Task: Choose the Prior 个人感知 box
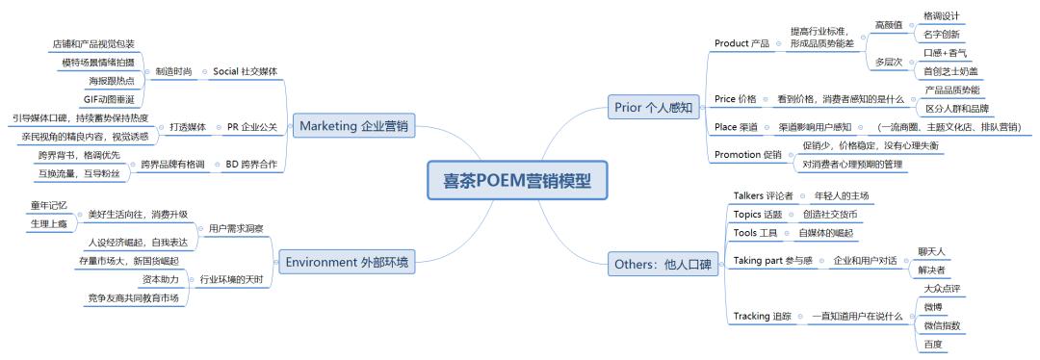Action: (653, 107)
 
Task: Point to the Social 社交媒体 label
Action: (245, 72)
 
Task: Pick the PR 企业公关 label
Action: (252, 126)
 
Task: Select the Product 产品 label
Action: (741, 43)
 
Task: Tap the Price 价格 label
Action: (736, 99)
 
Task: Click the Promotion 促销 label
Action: (748, 154)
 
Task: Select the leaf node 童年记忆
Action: (48, 205)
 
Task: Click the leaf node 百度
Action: (931, 344)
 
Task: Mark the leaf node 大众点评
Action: (942, 288)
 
